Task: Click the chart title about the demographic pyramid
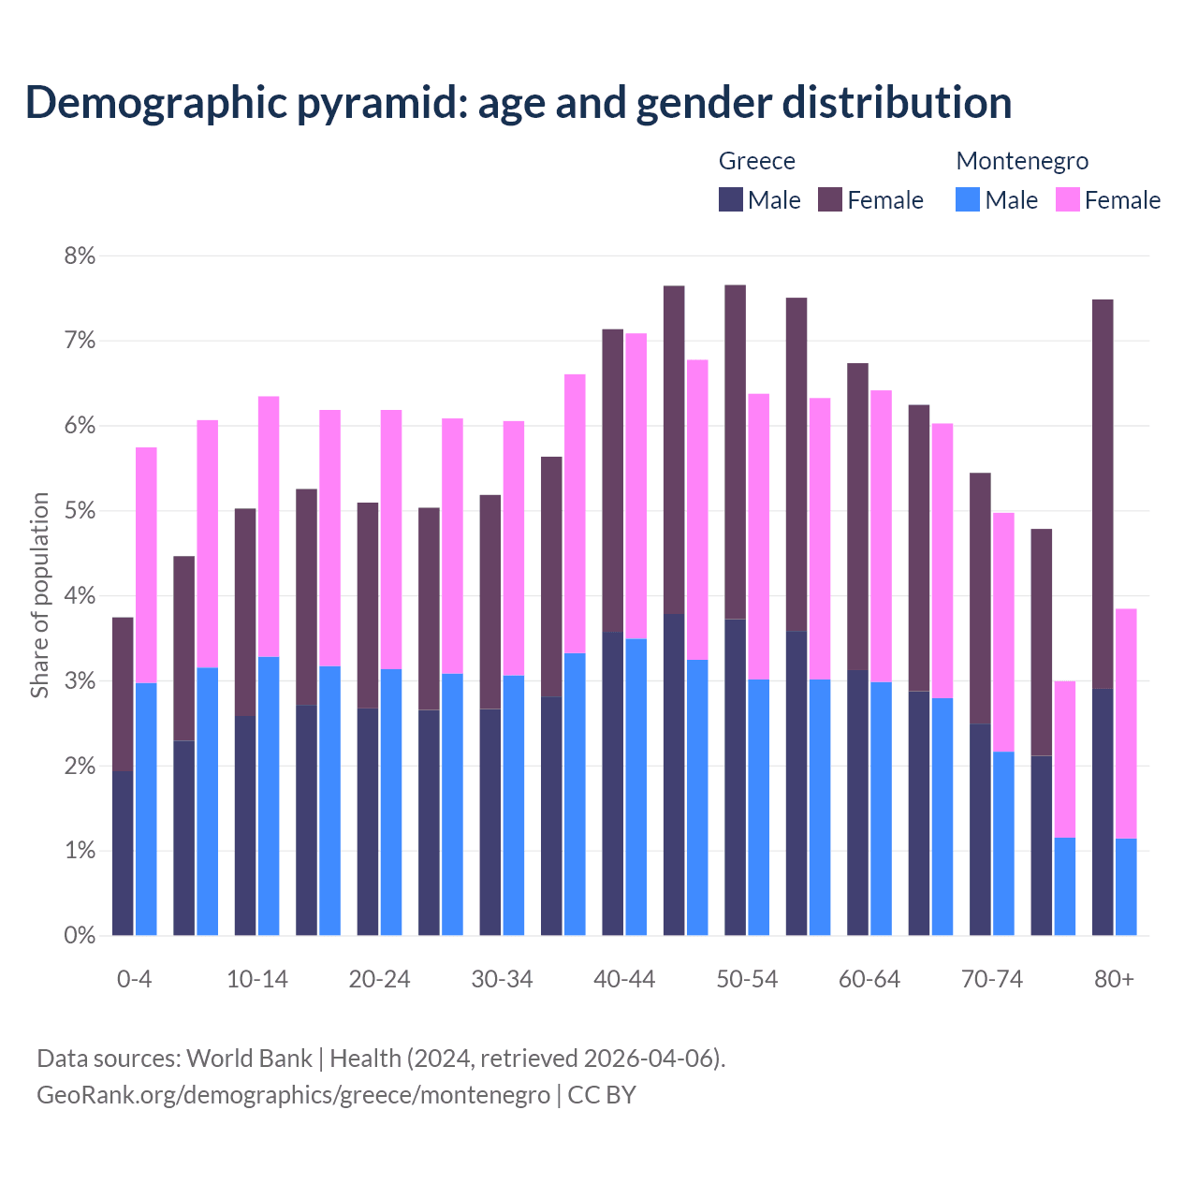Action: coord(519,102)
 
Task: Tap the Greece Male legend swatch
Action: coord(731,199)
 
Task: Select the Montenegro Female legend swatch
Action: coord(1068,199)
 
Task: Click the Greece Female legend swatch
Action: coord(830,199)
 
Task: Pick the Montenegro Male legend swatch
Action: coord(968,199)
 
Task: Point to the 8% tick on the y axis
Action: coord(80,256)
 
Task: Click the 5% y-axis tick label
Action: coord(80,511)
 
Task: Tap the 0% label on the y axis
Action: coord(80,935)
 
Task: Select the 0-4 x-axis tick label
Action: coord(134,979)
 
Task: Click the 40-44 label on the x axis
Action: coord(624,979)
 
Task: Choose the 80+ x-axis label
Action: coord(1114,979)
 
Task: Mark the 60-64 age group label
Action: coord(869,979)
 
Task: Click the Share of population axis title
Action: coord(39,595)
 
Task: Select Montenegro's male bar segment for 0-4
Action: coord(146,809)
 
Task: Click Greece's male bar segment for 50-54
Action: coord(736,777)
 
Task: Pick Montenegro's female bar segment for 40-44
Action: coord(636,486)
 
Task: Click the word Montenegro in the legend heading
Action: coord(1022,161)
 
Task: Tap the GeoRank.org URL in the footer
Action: coord(293,1094)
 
